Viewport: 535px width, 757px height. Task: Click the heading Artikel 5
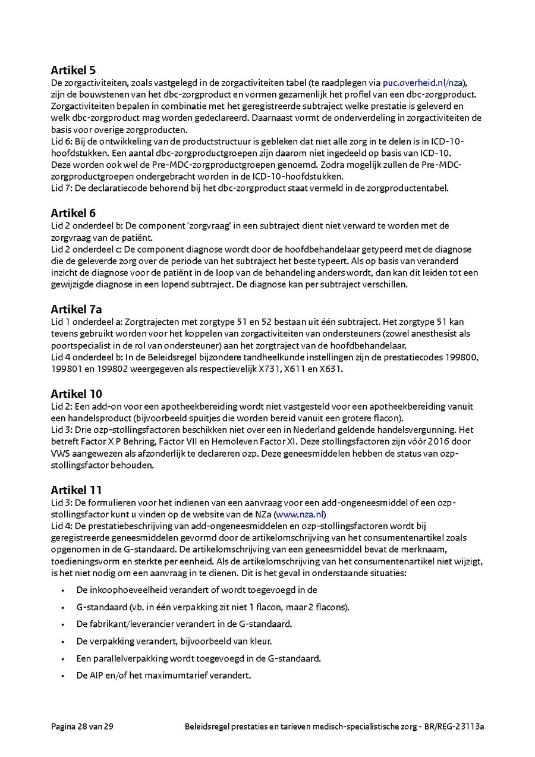73,70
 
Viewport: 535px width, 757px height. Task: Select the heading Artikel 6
73,213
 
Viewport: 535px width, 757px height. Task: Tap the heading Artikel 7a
76,309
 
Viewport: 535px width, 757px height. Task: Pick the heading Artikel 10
76,394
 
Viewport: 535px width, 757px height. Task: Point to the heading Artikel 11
76,490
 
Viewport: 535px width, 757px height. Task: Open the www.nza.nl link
300,514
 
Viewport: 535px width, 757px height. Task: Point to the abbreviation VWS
61,454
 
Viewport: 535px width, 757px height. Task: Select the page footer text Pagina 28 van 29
82,727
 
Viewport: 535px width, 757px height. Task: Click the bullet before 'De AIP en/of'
62,676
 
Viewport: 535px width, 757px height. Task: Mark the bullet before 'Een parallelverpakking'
62,658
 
